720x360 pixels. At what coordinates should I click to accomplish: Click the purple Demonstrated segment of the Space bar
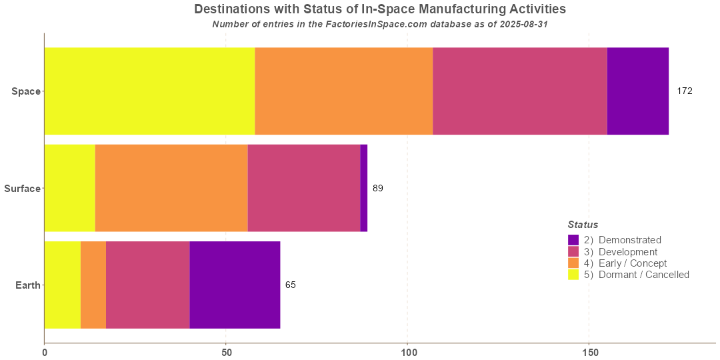click(x=637, y=91)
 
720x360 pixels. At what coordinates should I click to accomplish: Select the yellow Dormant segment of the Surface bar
click(x=69, y=188)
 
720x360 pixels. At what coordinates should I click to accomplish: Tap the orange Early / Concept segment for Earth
click(x=93, y=285)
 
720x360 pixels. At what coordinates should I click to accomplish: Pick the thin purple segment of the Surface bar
click(x=364, y=188)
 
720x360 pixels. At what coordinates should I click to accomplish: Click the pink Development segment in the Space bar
click(x=520, y=91)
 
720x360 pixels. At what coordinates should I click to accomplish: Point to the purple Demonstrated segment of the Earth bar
click(x=235, y=285)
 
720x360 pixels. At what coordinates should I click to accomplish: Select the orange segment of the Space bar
click(x=343, y=91)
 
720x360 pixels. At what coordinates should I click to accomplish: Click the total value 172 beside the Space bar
click(x=685, y=91)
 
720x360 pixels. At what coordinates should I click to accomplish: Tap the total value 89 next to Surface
click(x=378, y=188)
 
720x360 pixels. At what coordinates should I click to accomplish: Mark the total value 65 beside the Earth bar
click(x=291, y=285)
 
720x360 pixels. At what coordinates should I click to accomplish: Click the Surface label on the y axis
click(x=22, y=189)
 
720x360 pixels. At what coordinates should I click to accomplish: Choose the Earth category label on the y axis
click(x=28, y=285)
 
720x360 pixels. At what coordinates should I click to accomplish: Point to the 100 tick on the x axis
click(x=407, y=351)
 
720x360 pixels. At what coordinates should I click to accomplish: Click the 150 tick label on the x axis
click(x=589, y=351)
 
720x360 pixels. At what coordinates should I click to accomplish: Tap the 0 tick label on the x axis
click(x=44, y=351)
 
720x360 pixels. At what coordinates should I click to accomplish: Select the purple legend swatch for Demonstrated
click(x=573, y=240)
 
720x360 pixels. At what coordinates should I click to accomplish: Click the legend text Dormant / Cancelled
click(x=643, y=275)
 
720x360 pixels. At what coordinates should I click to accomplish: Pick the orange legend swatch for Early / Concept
click(x=573, y=263)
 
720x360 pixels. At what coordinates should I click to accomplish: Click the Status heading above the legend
click(x=583, y=225)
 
